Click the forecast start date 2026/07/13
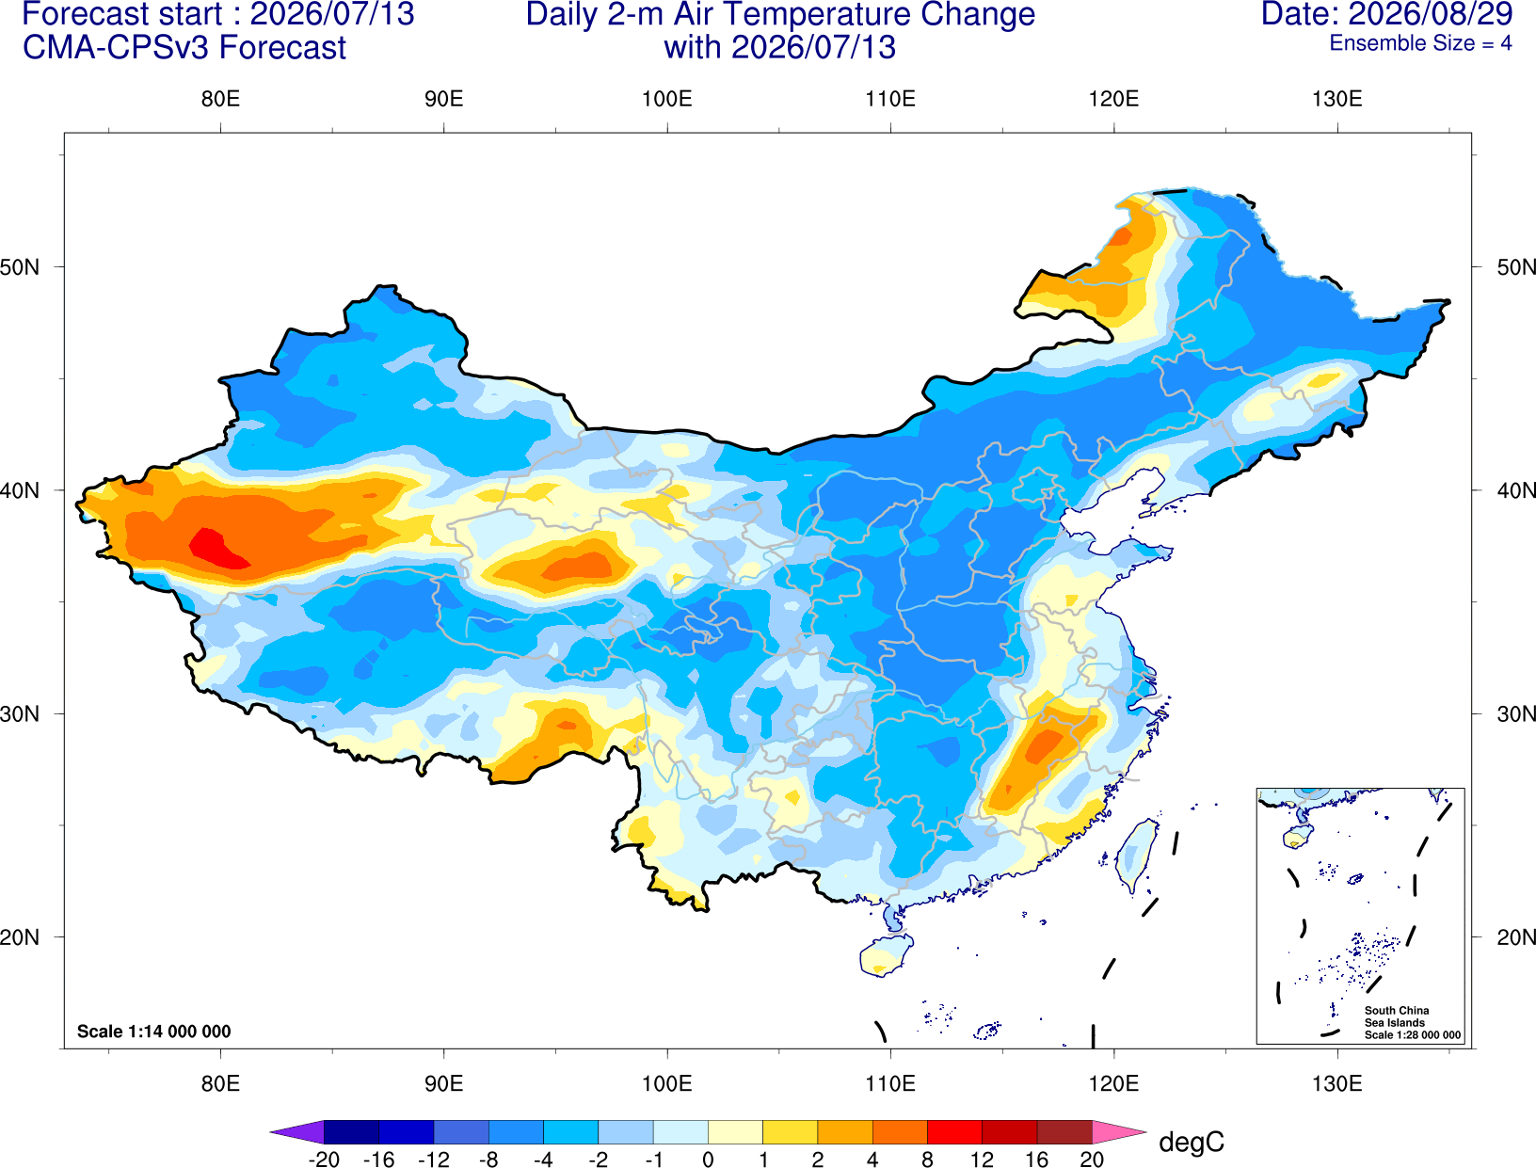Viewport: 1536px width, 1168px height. [x=332, y=14]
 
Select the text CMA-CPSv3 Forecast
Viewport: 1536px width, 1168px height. [x=184, y=48]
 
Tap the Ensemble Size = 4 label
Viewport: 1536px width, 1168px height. [x=1420, y=43]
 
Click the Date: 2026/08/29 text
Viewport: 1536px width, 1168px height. [x=1387, y=14]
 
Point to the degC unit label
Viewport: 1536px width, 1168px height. [x=1191, y=1142]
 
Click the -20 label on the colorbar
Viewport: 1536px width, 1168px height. [x=324, y=1160]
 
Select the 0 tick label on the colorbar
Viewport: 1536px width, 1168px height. [x=708, y=1160]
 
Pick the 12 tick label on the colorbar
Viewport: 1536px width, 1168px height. [x=982, y=1160]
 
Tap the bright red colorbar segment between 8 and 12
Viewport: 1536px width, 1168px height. [x=954, y=1131]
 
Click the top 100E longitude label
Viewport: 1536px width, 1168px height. [x=667, y=99]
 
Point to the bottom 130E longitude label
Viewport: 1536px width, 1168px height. [x=1336, y=1084]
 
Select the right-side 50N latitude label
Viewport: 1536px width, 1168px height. [x=1515, y=267]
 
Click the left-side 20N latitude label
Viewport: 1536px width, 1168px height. [x=20, y=937]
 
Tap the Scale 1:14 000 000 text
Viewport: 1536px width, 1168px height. [x=154, y=1031]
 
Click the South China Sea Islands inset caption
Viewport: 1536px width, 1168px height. [x=1412, y=1022]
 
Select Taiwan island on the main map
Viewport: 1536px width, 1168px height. [x=1134, y=856]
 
